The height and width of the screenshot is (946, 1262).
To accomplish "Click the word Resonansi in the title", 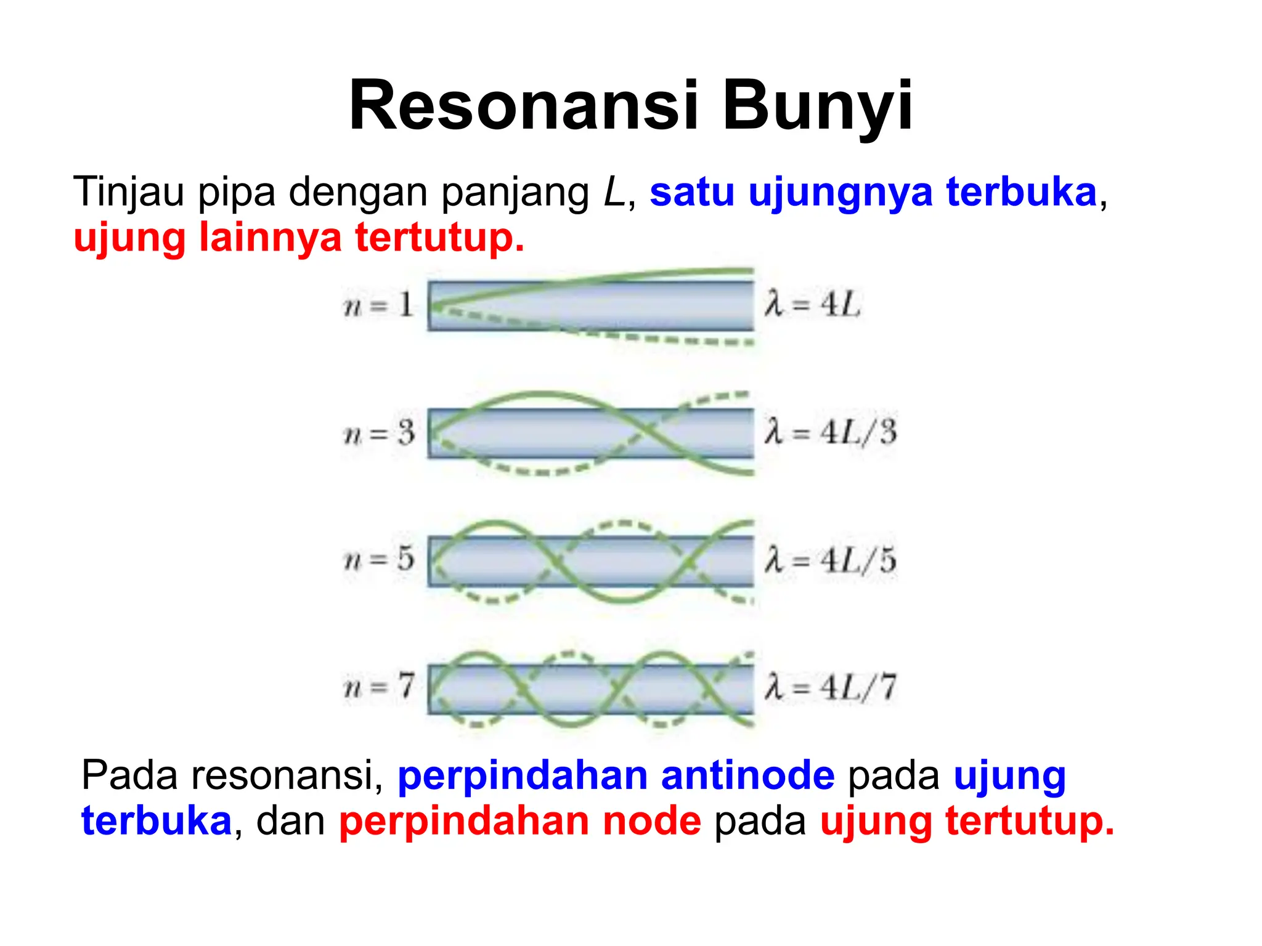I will pyautogui.click(x=524, y=106).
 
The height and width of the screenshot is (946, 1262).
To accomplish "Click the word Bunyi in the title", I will pyautogui.click(x=817, y=106).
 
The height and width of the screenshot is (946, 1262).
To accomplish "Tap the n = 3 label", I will pyautogui.click(x=379, y=434).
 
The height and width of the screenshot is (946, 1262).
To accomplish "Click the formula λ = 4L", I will pyautogui.click(x=812, y=305).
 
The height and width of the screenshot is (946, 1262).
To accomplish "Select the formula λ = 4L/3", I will pyautogui.click(x=830, y=432).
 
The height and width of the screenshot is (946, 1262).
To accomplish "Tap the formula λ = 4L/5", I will pyautogui.click(x=830, y=560).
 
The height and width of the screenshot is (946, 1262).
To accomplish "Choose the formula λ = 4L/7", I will pyautogui.click(x=830, y=687).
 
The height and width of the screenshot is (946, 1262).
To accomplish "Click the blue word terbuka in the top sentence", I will pyautogui.click(x=1021, y=192).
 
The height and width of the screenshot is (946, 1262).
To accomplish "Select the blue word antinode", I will pyautogui.click(x=747, y=775).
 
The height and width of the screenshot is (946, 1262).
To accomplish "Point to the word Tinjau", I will pyautogui.click(x=128, y=192).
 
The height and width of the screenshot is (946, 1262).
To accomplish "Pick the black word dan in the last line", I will pyautogui.click(x=290, y=821).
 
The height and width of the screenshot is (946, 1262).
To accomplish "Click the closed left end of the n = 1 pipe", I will pyautogui.click(x=431, y=307).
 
